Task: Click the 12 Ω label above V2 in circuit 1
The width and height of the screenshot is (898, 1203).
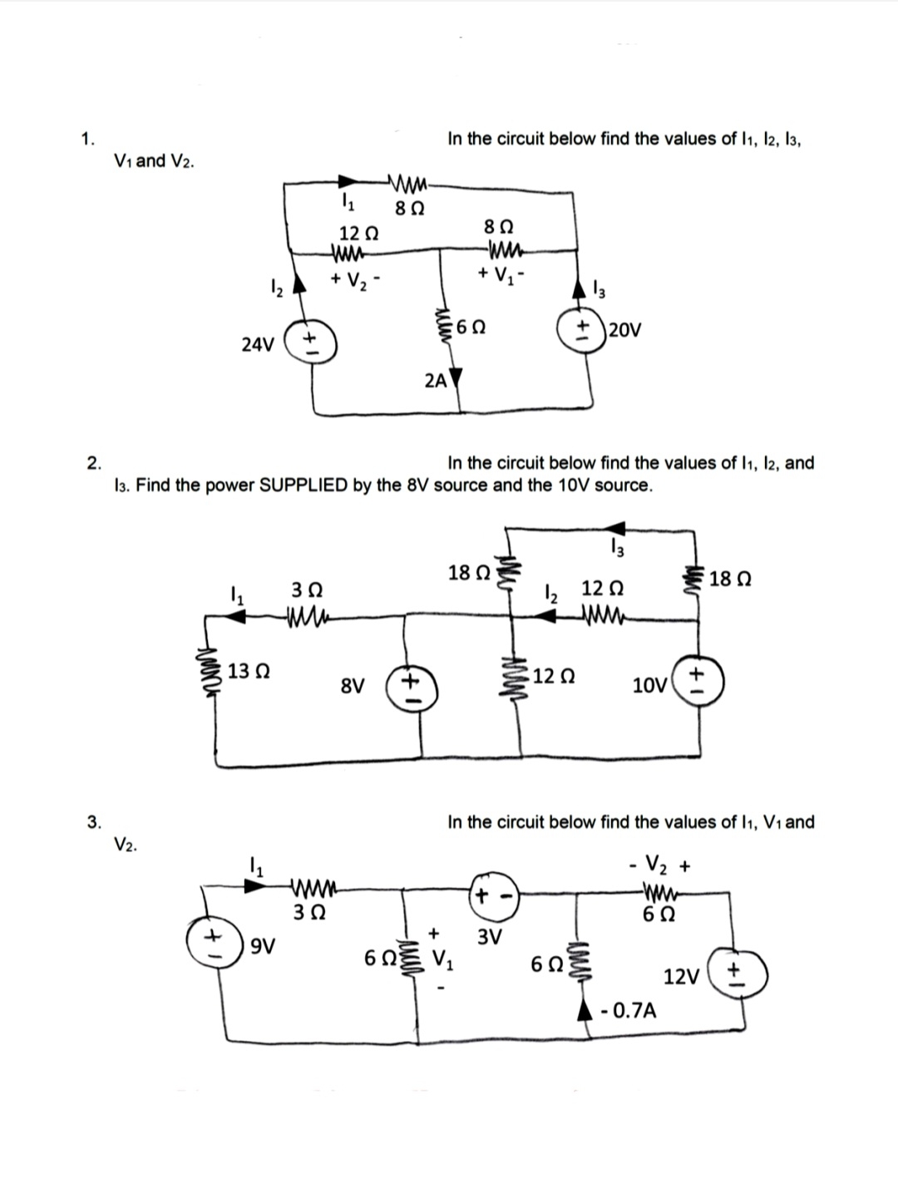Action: coord(355,234)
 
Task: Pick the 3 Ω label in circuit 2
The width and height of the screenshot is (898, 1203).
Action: coord(305,589)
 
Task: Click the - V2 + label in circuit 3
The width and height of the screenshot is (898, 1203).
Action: coord(659,866)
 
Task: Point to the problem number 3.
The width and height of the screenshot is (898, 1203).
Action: coord(94,822)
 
